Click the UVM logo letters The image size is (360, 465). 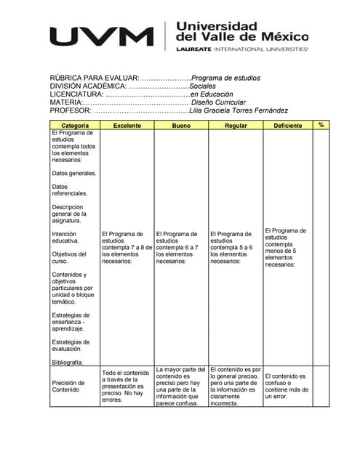[102, 36]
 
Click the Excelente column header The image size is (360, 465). [127, 126]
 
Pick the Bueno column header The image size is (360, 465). [181, 126]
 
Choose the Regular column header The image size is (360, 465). [235, 126]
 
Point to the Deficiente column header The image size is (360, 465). [287, 126]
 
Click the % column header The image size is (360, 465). [321, 125]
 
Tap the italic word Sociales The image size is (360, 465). [197, 86]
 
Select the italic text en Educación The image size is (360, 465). [212, 94]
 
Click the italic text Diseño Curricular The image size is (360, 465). [218, 102]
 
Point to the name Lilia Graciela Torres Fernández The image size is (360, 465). [238, 110]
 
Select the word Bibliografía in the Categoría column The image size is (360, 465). [68, 362]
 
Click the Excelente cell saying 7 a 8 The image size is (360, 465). [127, 248]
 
